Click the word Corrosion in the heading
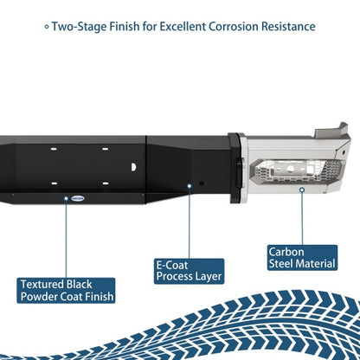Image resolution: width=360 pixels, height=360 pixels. (x=233, y=27)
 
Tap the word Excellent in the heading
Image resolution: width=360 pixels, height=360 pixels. (x=183, y=27)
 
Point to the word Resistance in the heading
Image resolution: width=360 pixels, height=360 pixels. (x=288, y=27)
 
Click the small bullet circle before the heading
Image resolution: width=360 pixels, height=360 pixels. (x=47, y=27)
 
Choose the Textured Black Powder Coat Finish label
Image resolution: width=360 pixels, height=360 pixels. (x=66, y=291)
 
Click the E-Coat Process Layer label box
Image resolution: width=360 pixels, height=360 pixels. (x=189, y=271)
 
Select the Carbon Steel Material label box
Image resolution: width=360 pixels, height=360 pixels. (x=302, y=258)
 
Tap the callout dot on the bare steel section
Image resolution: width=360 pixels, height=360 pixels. (x=302, y=190)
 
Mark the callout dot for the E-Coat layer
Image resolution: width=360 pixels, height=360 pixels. (x=190, y=186)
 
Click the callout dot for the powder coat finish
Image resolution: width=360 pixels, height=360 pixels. (x=66, y=198)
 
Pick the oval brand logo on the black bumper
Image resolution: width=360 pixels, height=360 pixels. (x=78, y=198)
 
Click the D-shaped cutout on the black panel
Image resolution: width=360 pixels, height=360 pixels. (x=133, y=167)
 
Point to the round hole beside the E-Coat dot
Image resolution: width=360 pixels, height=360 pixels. (x=202, y=183)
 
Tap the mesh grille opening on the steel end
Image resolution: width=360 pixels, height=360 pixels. (x=297, y=171)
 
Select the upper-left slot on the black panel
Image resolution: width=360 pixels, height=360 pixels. (x=54, y=149)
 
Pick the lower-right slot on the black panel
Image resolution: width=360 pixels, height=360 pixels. (x=106, y=183)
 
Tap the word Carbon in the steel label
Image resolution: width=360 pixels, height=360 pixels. (x=286, y=252)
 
